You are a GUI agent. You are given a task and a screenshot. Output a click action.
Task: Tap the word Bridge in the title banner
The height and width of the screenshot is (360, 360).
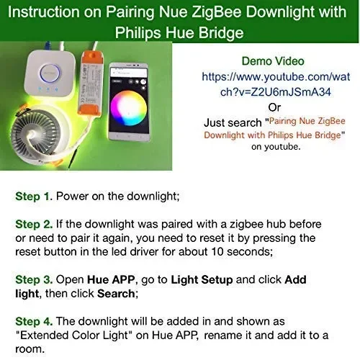coord(221,32)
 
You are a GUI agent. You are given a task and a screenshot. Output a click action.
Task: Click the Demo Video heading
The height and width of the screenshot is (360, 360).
coord(273,61)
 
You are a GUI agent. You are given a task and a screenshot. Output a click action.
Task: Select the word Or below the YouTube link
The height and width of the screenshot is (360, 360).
coord(274,107)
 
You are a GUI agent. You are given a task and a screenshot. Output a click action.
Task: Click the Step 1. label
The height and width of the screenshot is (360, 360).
coord(34,197)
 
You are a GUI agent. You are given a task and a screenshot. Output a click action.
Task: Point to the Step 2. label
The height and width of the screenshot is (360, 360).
coord(34,224)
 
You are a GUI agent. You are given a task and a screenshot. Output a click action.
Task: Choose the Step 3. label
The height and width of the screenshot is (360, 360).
coord(34,279)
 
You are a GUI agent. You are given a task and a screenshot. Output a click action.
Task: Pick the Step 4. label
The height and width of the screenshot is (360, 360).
coord(34,321)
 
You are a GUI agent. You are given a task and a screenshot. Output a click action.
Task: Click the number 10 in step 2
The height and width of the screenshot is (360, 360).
coord(217,252)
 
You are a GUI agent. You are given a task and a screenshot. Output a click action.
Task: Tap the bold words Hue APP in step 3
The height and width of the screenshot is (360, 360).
coord(111,279)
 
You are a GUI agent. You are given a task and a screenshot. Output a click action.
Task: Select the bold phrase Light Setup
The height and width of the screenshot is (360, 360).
coord(202,280)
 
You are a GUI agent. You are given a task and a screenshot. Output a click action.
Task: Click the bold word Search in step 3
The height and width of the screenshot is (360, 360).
coord(117,294)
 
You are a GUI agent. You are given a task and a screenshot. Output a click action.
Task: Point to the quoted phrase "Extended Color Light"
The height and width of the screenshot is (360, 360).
coord(74,336)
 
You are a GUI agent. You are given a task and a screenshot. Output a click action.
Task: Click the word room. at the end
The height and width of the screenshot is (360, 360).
coord(30,349)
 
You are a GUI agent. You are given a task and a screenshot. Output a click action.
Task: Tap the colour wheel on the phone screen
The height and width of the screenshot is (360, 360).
coord(128,108)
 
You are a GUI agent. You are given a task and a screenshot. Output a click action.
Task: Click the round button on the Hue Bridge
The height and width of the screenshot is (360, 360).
coord(50,72)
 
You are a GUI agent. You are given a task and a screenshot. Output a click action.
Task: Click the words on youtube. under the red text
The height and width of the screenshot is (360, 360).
coord(276,147)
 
